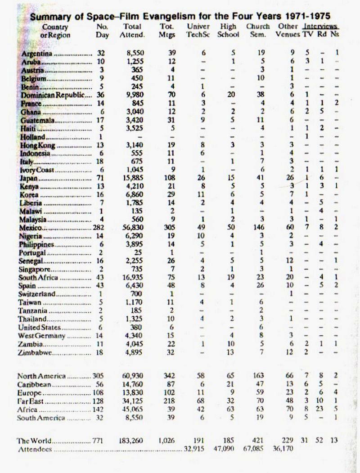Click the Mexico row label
coord(31,228)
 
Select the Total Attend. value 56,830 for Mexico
coord(133,228)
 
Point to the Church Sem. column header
coord(258,31)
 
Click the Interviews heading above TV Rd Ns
coord(320,27)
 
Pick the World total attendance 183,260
coord(133,441)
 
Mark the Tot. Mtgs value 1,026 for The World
coord(167,441)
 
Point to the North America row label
coord(41,376)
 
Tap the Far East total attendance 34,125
coord(133,401)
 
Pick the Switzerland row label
coord(37,293)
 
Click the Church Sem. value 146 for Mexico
coord(258,228)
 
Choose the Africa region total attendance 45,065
coord(133,410)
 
